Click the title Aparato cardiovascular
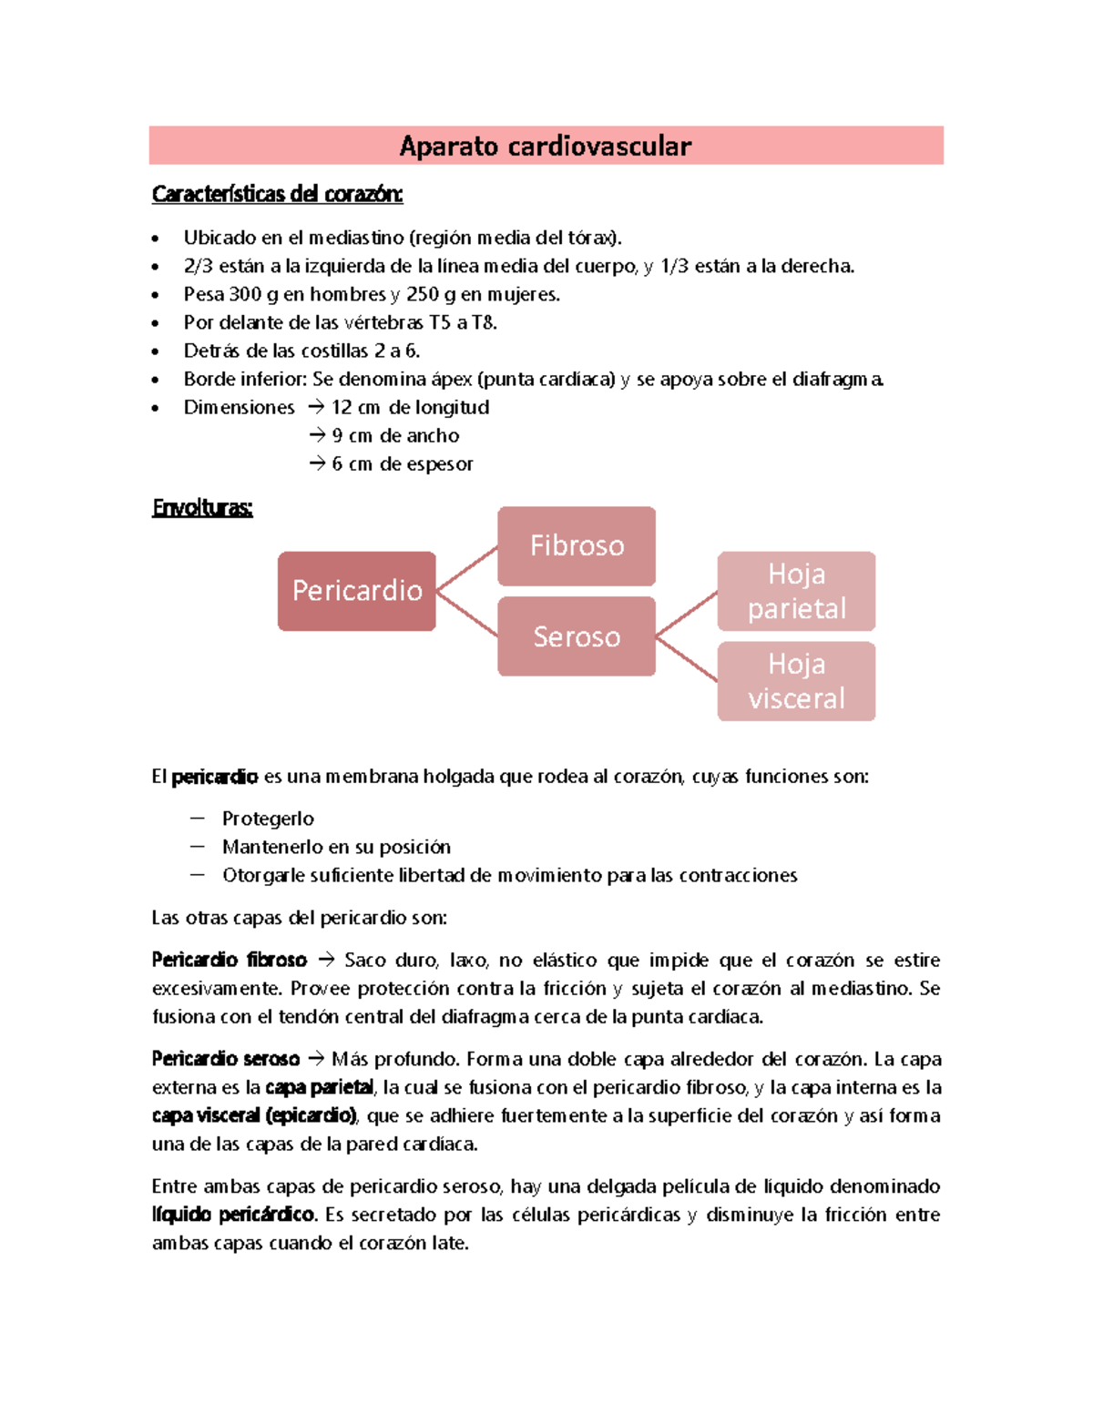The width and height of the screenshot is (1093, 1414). [545, 146]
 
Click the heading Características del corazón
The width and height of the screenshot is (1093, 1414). [277, 194]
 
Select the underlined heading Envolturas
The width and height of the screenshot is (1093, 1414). [202, 507]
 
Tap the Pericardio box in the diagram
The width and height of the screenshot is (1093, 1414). [356, 591]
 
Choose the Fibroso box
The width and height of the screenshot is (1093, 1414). [576, 545]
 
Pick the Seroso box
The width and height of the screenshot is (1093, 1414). [576, 636]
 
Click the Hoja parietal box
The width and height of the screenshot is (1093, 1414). [796, 591]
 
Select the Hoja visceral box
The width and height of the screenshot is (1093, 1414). [796, 681]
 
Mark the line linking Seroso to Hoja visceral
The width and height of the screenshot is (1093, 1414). [687, 659]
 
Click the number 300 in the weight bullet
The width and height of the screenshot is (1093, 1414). [245, 294]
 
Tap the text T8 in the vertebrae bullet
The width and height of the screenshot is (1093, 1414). [483, 322]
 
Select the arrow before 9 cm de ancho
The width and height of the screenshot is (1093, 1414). [317, 435]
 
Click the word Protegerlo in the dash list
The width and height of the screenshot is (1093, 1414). [268, 819]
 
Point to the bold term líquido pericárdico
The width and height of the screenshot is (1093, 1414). [233, 1215]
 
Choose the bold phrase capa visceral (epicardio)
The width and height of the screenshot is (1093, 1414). [254, 1115]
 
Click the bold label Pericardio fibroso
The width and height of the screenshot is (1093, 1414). [229, 960]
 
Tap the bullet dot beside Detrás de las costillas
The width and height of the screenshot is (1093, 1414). [156, 351]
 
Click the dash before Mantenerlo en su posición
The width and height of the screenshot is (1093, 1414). [197, 847]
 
